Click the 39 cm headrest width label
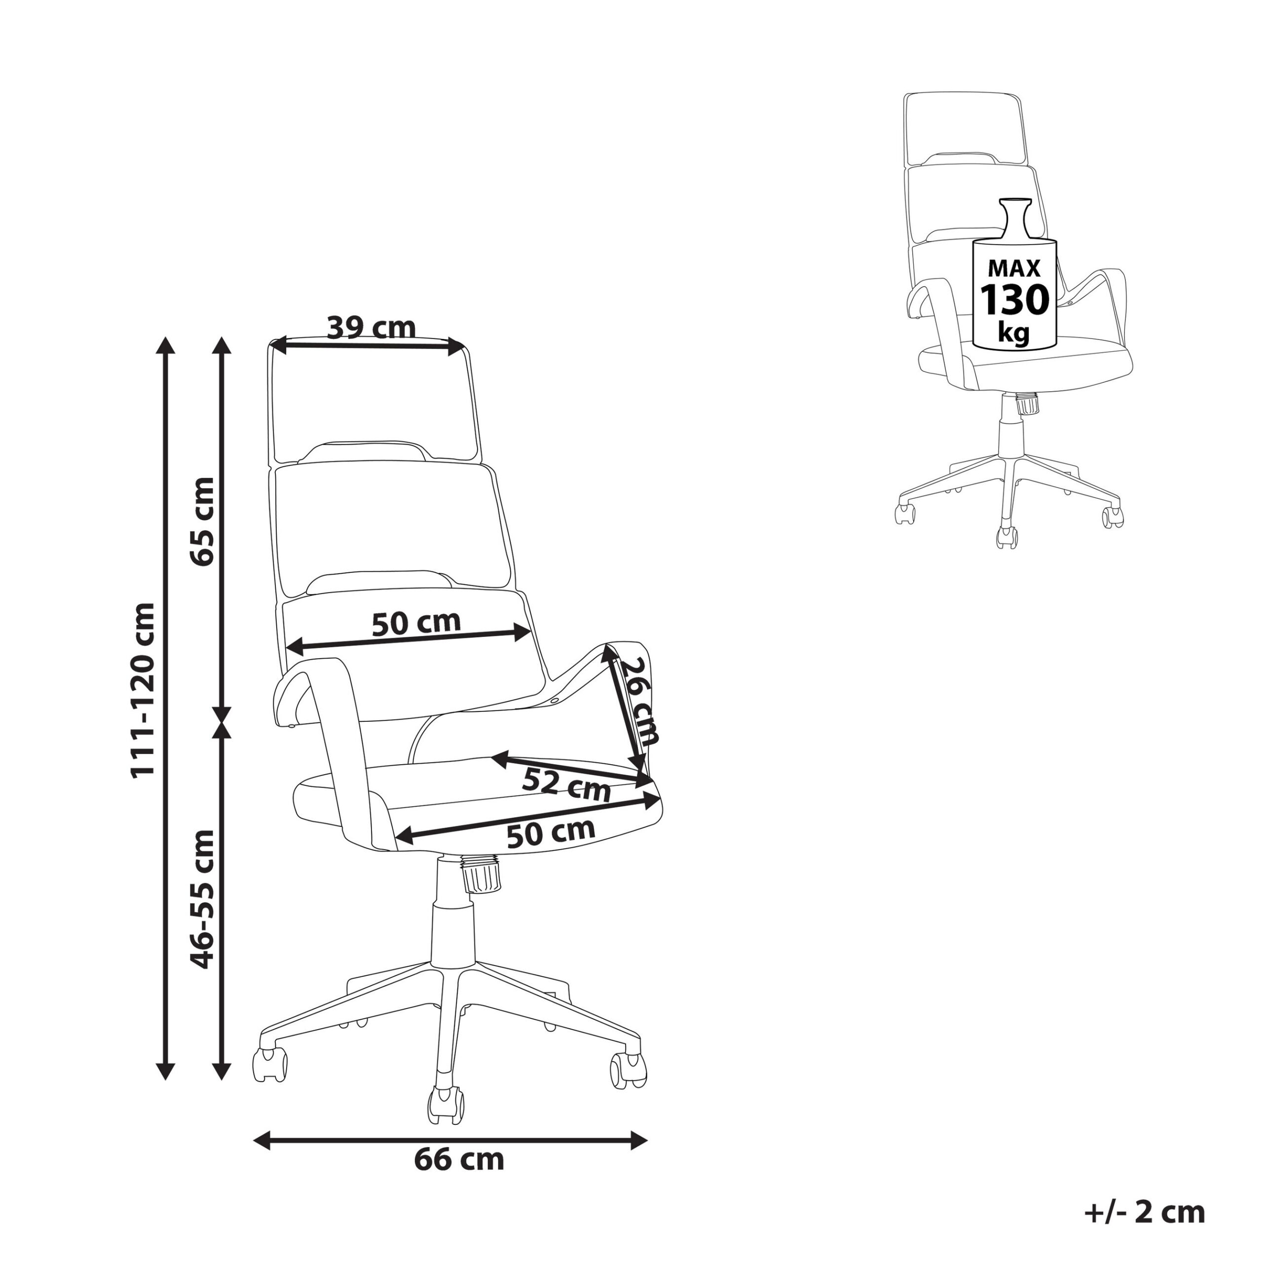(x=371, y=328)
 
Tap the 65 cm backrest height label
(x=201, y=521)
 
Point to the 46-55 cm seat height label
(x=201, y=899)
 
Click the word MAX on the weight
(x=1014, y=268)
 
